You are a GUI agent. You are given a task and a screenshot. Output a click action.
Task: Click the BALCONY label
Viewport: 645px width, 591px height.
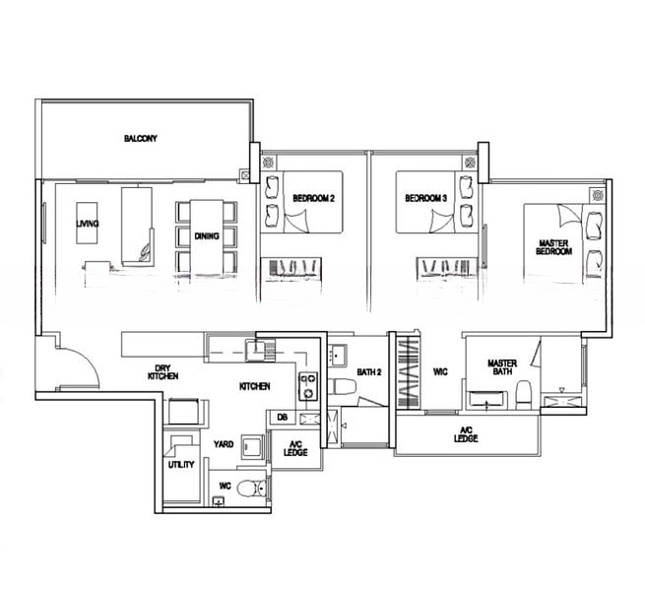pos(142,139)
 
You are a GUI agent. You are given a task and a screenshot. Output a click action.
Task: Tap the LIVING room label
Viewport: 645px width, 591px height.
pos(88,224)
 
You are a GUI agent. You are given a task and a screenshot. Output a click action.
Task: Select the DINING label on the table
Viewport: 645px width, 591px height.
pos(207,236)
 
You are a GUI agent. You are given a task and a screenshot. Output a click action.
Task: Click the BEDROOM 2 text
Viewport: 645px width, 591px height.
pos(314,199)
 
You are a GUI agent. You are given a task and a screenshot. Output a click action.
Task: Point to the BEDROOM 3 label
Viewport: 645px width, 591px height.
pos(425,199)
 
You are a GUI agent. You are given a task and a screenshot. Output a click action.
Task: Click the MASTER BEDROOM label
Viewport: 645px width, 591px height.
pos(554,247)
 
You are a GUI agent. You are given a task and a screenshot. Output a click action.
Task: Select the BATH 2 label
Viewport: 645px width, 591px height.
pos(369,371)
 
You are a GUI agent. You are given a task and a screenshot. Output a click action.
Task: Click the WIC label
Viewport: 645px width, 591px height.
pos(440,371)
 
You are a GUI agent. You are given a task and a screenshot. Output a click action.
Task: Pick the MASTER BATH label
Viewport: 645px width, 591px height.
pos(502,367)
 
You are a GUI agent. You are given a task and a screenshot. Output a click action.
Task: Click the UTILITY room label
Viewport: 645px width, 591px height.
pos(181,464)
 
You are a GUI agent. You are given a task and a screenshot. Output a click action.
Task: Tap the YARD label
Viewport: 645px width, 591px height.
pos(225,444)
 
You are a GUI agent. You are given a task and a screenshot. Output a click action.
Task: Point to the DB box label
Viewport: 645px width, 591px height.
pos(282,418)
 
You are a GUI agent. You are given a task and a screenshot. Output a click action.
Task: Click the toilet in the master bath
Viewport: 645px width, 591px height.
pos(525,393)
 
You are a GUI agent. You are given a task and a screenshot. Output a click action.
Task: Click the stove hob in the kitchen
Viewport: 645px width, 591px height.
pos(307,385)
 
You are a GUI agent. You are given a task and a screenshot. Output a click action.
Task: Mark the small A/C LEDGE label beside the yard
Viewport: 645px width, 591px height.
pos(295,449)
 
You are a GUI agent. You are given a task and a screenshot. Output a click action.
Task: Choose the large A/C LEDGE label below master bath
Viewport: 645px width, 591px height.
pos(466,433)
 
